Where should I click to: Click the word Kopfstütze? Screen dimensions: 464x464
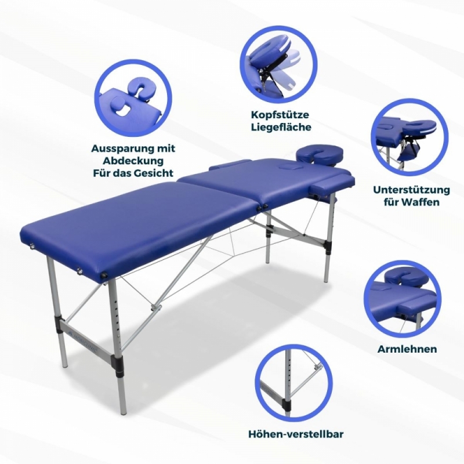coord(280,114)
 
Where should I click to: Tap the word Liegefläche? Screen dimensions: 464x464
coord(281,128)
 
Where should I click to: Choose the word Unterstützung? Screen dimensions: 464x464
coord(411,190)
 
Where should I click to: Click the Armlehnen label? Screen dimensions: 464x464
coord(407,349)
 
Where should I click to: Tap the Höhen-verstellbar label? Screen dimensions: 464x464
coord(296,434)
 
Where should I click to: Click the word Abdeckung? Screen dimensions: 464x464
coord(133,161)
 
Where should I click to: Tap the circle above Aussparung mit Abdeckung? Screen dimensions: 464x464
coord(133,98)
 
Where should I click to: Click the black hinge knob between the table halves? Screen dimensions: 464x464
coord(259,208)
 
